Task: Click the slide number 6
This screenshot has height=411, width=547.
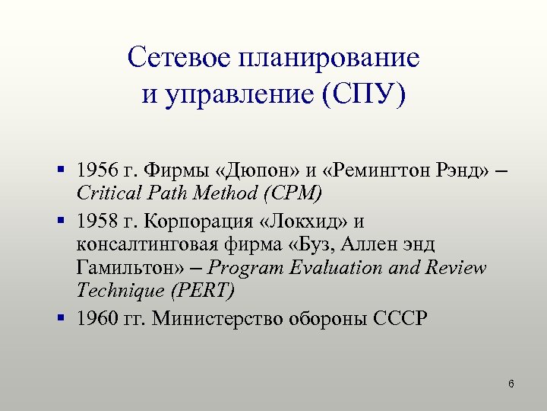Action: pyautogui.click(x=511, y=384)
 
